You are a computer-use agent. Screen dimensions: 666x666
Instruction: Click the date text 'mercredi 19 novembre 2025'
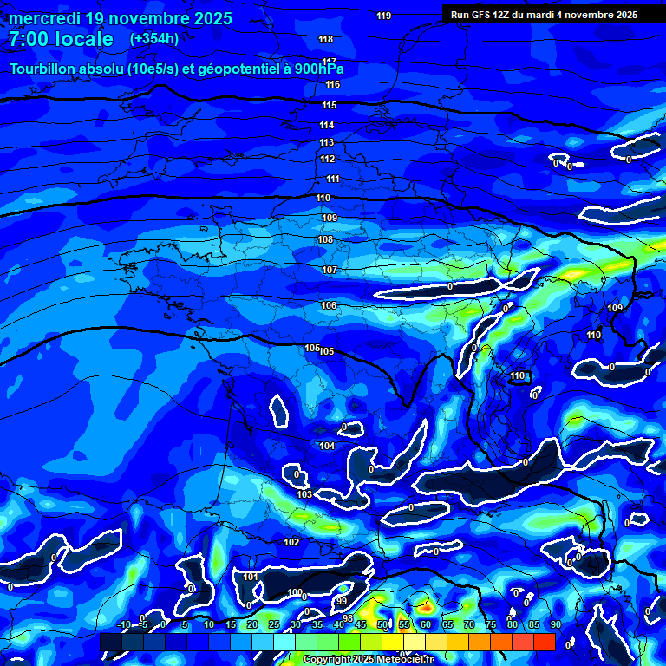tap(121, 18)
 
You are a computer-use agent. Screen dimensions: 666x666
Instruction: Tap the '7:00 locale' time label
tap(61, 39)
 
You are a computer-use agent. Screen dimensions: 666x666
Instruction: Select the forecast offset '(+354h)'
tap(154, 39)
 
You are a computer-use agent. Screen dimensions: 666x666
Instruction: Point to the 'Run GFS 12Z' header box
tap(544, 15)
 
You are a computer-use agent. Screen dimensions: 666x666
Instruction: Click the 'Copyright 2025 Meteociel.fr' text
tap(369, 660)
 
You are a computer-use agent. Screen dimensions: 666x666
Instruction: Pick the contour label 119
tap(384, 16)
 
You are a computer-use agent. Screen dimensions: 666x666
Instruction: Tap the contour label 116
tap(333, 85)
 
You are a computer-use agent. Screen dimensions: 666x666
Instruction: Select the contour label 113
tap(327, 142)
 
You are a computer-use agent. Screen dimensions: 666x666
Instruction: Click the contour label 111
tap(333, 179)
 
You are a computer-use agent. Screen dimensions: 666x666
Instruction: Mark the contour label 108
tap(325, 239)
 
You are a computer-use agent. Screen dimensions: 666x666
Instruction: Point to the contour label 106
tap(329, 306)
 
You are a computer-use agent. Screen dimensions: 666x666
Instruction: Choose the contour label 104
tap(327, 446)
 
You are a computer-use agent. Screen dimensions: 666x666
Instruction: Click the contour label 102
tap(291, 542)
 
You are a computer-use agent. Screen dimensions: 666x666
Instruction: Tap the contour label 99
tap(341, 601)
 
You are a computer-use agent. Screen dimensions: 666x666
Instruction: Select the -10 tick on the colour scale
tap(123, 624)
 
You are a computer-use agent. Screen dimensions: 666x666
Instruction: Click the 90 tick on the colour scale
tap(555, 624)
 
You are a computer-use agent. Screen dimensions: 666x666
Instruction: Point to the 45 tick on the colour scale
tap(361, 624)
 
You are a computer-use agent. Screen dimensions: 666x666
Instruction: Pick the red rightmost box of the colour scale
tap(544, 642)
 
